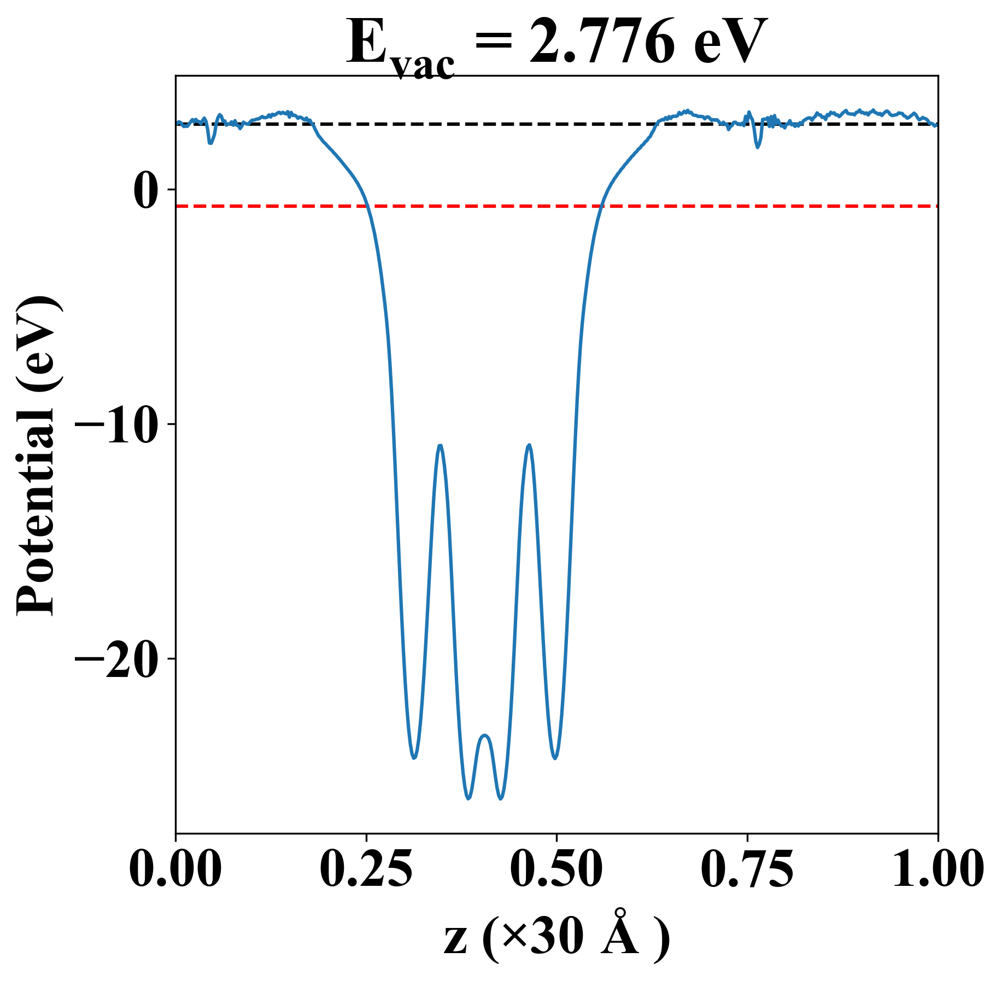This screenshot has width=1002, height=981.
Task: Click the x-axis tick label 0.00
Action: [x=175, y=868]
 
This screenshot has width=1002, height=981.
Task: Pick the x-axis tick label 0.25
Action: [x=366, y=868]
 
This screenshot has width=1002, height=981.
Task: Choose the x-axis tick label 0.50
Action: [x=556, y=868]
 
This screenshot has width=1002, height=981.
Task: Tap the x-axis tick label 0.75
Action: [x=747, y=868]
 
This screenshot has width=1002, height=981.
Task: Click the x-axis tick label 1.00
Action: [x=937, y=868]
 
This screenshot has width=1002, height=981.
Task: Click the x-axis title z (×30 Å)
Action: [x=556, y=937]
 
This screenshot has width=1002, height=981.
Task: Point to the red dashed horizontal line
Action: [x=765, y=206]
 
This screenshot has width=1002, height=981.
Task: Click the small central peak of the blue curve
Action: [x=485, y=736]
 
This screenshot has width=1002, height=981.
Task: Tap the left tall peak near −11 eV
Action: [x=440, y=446]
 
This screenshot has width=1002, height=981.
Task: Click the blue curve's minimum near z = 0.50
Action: [x=555, y=758]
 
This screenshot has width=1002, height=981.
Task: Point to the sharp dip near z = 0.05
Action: [x=210, y=143]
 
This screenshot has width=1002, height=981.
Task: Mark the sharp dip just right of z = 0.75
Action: [x=758, y=147]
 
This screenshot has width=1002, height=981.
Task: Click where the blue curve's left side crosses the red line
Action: [x=367, y=206]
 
